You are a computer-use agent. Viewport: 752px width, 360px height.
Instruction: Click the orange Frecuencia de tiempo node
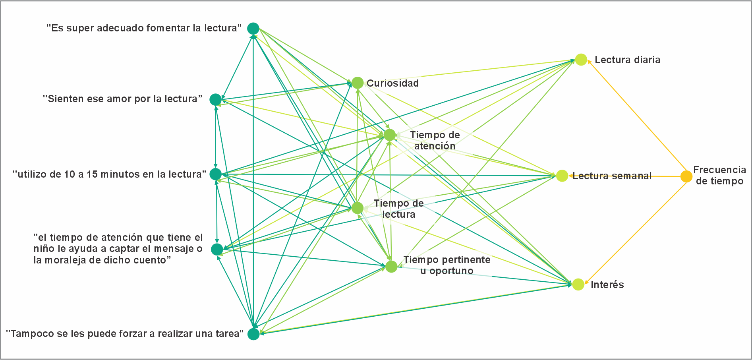coord(686,176)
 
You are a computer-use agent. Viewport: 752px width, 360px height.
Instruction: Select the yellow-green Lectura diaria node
coord(581,60)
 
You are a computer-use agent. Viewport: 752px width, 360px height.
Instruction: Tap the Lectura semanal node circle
coord(562,176)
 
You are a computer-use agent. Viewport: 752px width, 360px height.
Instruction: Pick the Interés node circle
coord(578,284)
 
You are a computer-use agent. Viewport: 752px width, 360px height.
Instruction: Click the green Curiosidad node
coord(358,83)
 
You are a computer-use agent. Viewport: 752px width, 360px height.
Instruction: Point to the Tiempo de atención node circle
coord(390,135)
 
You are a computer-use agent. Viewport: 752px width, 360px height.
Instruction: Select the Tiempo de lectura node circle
coord(358,208)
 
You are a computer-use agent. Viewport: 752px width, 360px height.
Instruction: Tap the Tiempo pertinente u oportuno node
coord(391,267)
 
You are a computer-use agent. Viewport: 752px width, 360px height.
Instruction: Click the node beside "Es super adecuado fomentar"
coord(253,29)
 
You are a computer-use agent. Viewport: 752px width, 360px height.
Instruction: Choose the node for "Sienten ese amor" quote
coord(215,99)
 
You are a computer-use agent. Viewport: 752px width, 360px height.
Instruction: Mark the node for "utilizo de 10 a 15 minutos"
coord(215,174)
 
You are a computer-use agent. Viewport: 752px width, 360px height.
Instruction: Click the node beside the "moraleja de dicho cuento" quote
coord(217,250)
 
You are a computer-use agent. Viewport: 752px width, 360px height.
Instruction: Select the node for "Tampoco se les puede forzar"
coord(253,334)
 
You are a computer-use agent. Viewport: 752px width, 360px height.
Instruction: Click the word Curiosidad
coord(392,83)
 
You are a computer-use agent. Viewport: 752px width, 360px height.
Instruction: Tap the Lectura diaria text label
coord(627,60)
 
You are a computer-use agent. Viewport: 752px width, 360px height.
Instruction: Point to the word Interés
coord(607,285)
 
